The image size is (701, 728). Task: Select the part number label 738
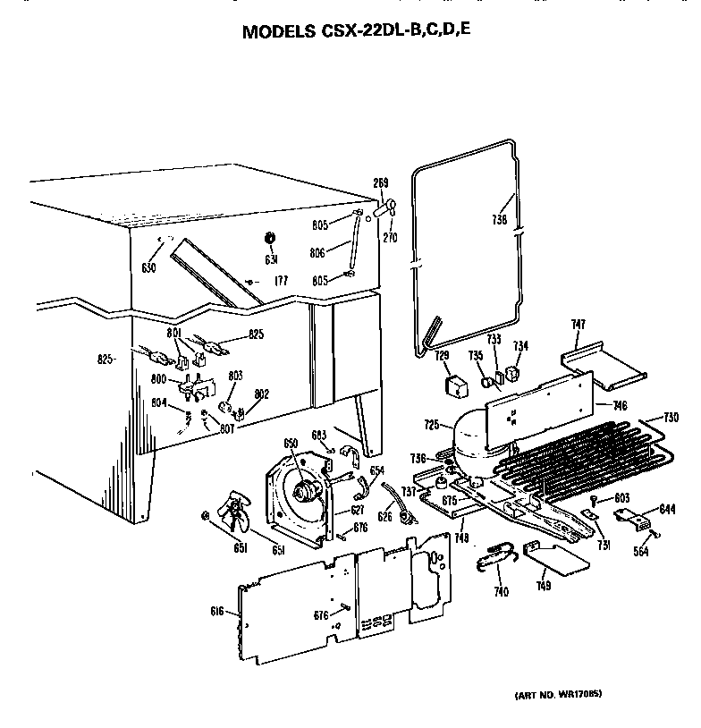tap(499, 219)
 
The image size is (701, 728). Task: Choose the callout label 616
tap(216, 611)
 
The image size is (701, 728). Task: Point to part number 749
tap(544, 587)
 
